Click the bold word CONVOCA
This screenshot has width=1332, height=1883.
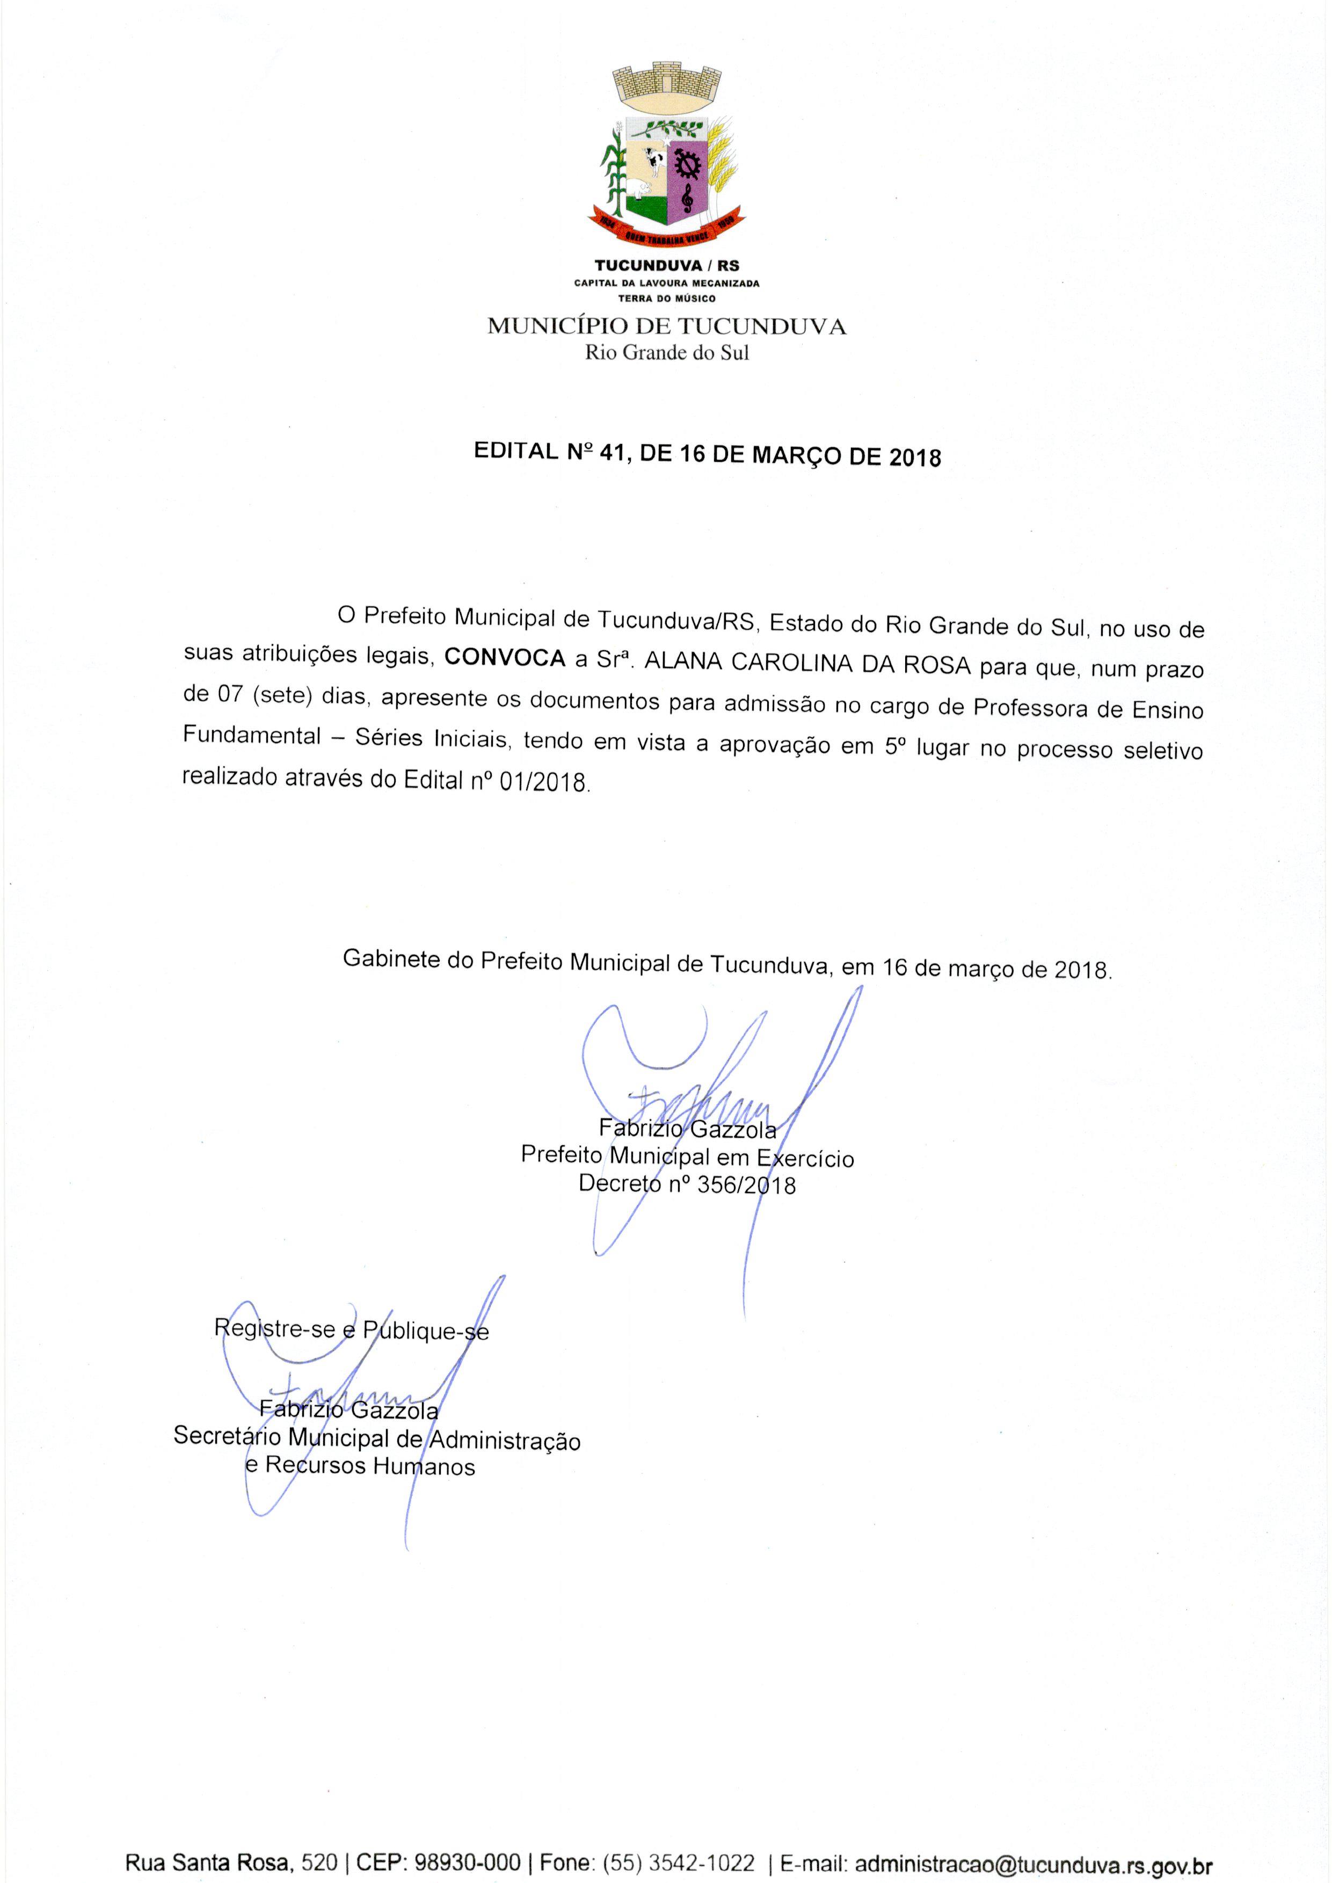coord(505,658)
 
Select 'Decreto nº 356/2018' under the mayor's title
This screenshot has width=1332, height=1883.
coord(687,1184)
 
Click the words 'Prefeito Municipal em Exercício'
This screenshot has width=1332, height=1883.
coord(687,1157)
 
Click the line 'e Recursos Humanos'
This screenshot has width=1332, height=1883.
coord(360,1466)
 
